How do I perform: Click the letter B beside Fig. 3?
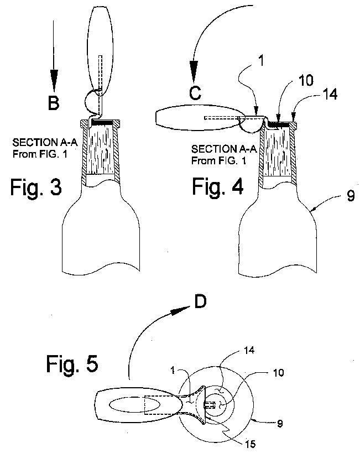coord(53,103)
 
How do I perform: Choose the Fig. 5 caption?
coord(71,365)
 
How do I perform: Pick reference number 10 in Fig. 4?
coord(305,80)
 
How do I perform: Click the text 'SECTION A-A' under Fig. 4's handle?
coord(217,149)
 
